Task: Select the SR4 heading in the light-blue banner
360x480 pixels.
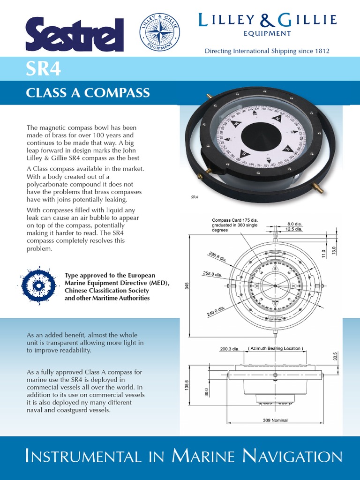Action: click(x=43, y=70)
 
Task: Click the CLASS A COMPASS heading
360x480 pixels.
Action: click(x=88, y=92)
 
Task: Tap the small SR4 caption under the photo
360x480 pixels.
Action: click(x=195, y=197)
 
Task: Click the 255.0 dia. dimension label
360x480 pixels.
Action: click(x=212, y=275)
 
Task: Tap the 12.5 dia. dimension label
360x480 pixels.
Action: click(x=295, y=230)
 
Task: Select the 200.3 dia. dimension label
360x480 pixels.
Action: click(x=230, y=349)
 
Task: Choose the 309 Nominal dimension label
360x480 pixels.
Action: click(x=275, y=420)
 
